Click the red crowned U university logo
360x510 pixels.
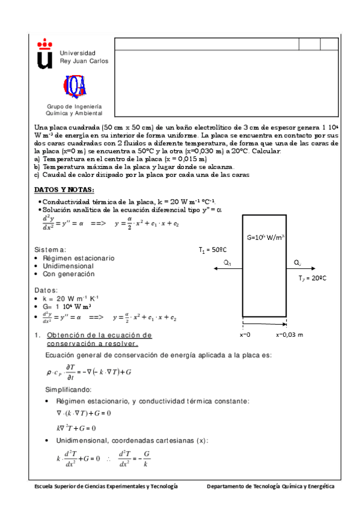click(x=45, y=53)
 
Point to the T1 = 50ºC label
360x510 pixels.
click(x=213, y=249)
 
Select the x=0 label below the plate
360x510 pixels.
click(x=245, y=334)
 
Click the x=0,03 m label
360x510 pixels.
click(x=289, y=334)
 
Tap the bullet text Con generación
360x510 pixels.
click(x=69, y=274)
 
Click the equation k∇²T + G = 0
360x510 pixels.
click(x=76, y=428)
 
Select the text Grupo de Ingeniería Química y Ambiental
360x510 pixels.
click(x=75, y=109)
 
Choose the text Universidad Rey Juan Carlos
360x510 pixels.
click(x=84, y=57)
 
